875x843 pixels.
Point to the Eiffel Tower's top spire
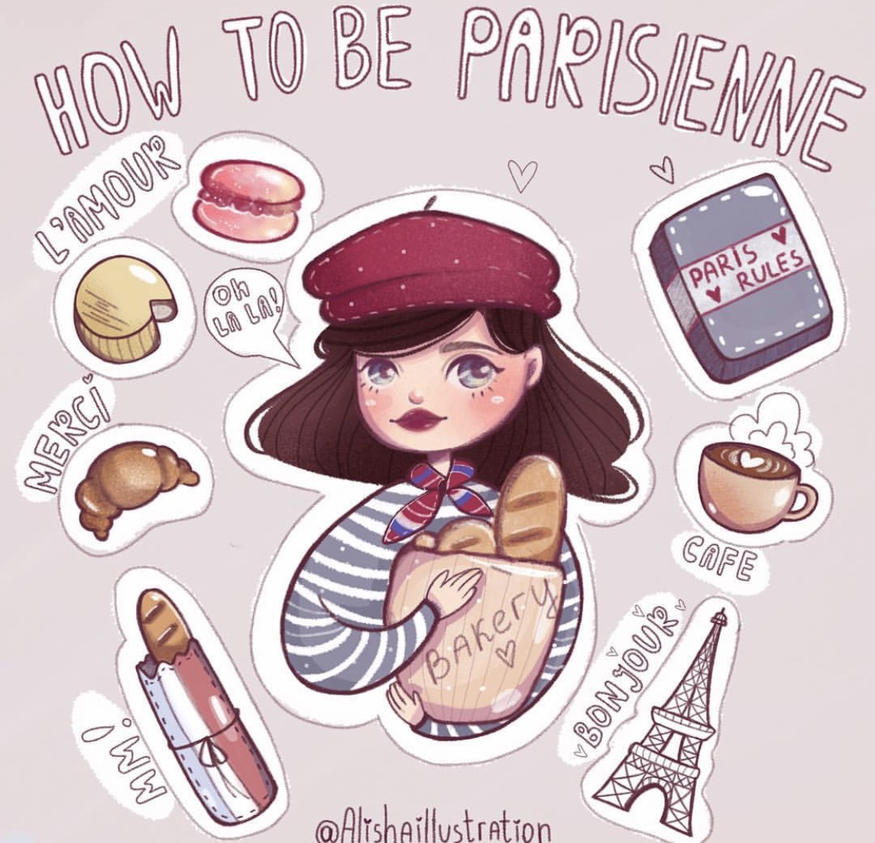(720, 617)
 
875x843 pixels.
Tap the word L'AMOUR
(106, 195)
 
